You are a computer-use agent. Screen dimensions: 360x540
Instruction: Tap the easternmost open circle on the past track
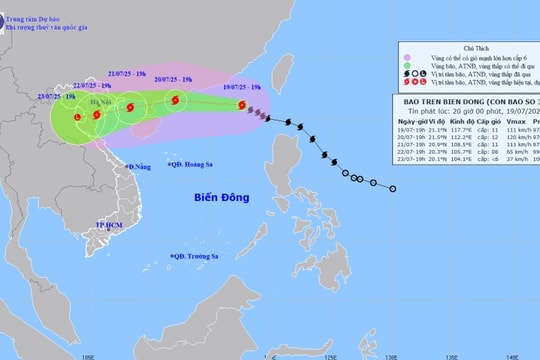pos(393,188)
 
